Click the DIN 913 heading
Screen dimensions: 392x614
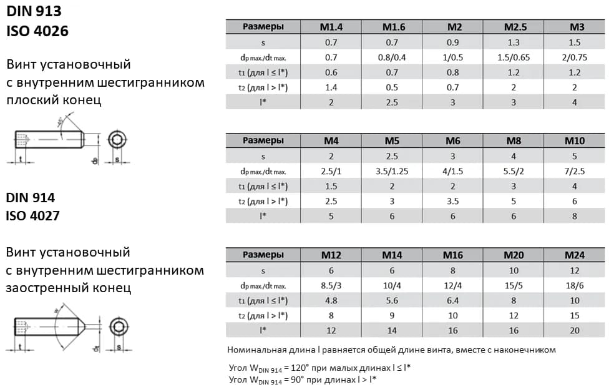34,11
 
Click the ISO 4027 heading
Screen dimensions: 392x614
37,216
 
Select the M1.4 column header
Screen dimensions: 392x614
331,27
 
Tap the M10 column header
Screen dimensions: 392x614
574,141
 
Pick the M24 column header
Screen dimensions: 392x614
574,255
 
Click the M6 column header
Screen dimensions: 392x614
452,141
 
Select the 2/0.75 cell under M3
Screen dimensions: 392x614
574,57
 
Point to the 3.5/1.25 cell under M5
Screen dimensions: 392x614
392,172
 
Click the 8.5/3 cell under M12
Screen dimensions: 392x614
331,285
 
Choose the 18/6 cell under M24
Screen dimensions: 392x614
574,285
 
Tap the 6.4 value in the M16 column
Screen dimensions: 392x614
452,301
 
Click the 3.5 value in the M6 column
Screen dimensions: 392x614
452,202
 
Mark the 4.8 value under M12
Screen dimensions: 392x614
331,301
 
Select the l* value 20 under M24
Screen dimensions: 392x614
574,331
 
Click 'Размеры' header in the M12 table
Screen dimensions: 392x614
263,255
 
